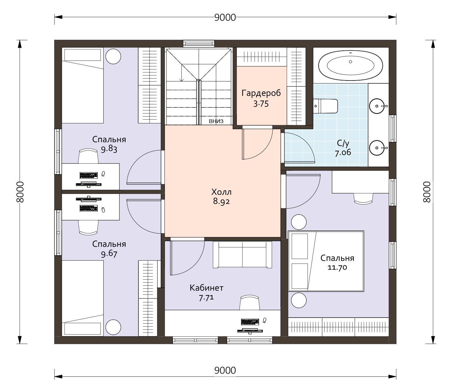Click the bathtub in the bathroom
click(351, 65)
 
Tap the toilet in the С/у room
click(325, 106)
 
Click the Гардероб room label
click(261, 93)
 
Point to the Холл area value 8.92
click(221, 201)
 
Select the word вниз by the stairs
click(216, 121)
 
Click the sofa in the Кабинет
click(242, 254)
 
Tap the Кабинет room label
click(206, 288)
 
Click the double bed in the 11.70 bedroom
click(326, 261)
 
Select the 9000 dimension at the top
click(225, 18)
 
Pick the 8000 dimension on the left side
click(20, 192)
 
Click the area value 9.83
click(109, 149)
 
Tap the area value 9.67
click(109, 254)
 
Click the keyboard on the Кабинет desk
click(250, 322)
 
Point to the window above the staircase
click(199, 43)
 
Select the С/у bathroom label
click(343, 143)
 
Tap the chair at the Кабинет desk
click(250, 302)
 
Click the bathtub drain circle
click(351, 62)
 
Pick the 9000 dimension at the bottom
click(225, 371)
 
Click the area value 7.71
click(206, 298)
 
